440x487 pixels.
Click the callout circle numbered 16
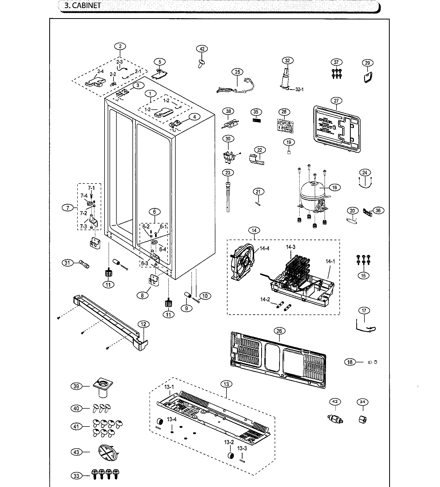point(334,187)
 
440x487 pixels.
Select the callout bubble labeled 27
point(336,101)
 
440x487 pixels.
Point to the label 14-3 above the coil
point(291,247)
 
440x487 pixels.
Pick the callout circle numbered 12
point(143,324)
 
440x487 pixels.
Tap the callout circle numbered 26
point(279,331)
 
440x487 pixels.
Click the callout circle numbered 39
point(76,386)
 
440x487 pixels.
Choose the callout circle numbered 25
point(237,72)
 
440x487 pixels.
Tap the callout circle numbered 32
point(287,60)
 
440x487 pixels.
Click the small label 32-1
point(299,89)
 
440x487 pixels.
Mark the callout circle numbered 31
point(68,262)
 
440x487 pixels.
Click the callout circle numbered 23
point(228,173)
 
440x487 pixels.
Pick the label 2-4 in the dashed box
point(100,71)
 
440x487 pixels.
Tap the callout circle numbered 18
point(350,362)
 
